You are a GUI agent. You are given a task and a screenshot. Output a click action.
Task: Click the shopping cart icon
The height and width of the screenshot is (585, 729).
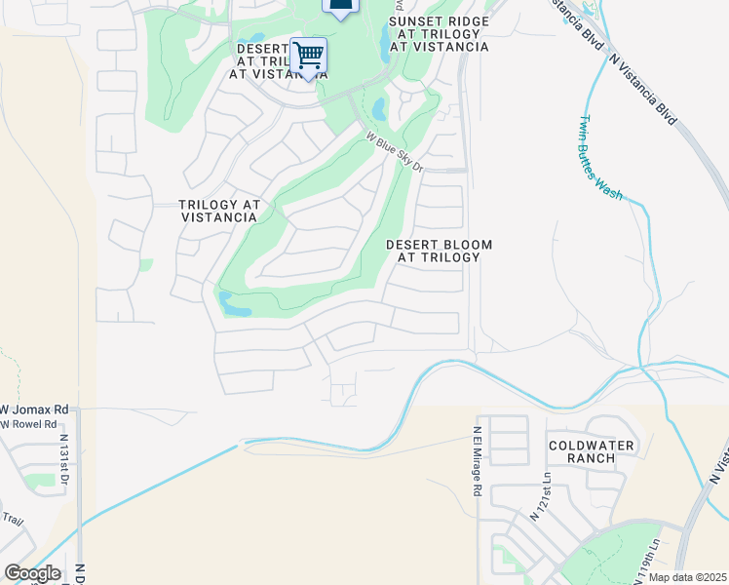point(308,55)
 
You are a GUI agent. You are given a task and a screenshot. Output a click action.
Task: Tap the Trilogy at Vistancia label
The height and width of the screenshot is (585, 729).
point(219,211)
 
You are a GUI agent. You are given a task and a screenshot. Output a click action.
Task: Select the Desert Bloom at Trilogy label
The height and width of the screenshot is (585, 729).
point(439,251)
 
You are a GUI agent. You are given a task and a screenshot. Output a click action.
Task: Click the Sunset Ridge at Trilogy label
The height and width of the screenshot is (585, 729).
point(439,33)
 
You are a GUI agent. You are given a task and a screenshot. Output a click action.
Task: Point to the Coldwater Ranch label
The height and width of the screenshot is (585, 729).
point(591,452)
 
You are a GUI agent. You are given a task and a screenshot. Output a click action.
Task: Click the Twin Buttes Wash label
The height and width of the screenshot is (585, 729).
point(599,157)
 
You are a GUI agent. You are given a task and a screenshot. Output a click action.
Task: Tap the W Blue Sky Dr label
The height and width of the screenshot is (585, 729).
point(395,153)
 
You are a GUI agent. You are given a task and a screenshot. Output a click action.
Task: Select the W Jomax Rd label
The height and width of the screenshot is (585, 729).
point(35,409)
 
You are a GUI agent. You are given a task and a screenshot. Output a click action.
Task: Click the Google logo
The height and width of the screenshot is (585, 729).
point(31,573)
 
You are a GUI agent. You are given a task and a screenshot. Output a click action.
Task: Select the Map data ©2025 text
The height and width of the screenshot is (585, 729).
point(687,577)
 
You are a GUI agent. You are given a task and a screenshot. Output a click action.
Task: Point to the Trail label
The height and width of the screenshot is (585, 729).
point(12,519)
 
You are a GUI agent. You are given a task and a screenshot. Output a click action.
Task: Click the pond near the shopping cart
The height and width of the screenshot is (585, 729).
point(379,108)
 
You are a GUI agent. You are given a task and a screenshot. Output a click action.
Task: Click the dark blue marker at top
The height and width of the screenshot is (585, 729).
point(339,8)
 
